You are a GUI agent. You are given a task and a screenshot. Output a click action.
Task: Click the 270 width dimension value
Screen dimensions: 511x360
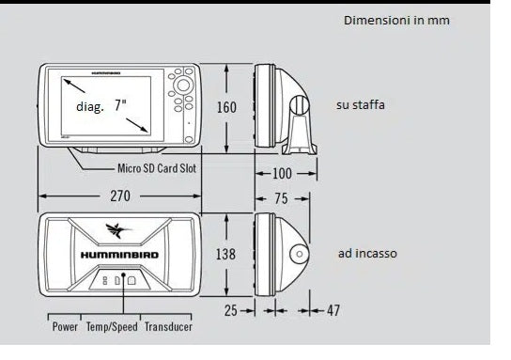(x=119, y=196)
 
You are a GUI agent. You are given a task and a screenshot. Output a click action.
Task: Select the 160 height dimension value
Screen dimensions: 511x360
(x=226, y=107)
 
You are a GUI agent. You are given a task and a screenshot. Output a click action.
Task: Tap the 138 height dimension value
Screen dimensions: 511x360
(x=226, y=254)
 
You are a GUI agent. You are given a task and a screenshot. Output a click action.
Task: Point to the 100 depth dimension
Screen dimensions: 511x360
(x=282, y=174)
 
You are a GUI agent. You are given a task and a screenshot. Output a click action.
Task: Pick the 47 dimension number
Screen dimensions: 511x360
(x=333, y=309)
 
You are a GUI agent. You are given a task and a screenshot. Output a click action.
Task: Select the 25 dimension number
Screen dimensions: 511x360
(x=231, y=309)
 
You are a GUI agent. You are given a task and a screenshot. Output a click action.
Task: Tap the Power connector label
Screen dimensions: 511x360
(x=65, y=326)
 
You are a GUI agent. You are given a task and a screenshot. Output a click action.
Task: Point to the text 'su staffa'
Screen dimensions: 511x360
(x=360, y=105)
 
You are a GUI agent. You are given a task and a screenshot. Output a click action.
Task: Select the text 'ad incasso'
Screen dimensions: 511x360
(x=366, y=254)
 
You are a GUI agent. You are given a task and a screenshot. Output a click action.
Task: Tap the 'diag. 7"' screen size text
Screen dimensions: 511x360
(x=101, y=107)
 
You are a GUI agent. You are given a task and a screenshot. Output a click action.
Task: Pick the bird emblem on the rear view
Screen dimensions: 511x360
(x=119, y=229)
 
